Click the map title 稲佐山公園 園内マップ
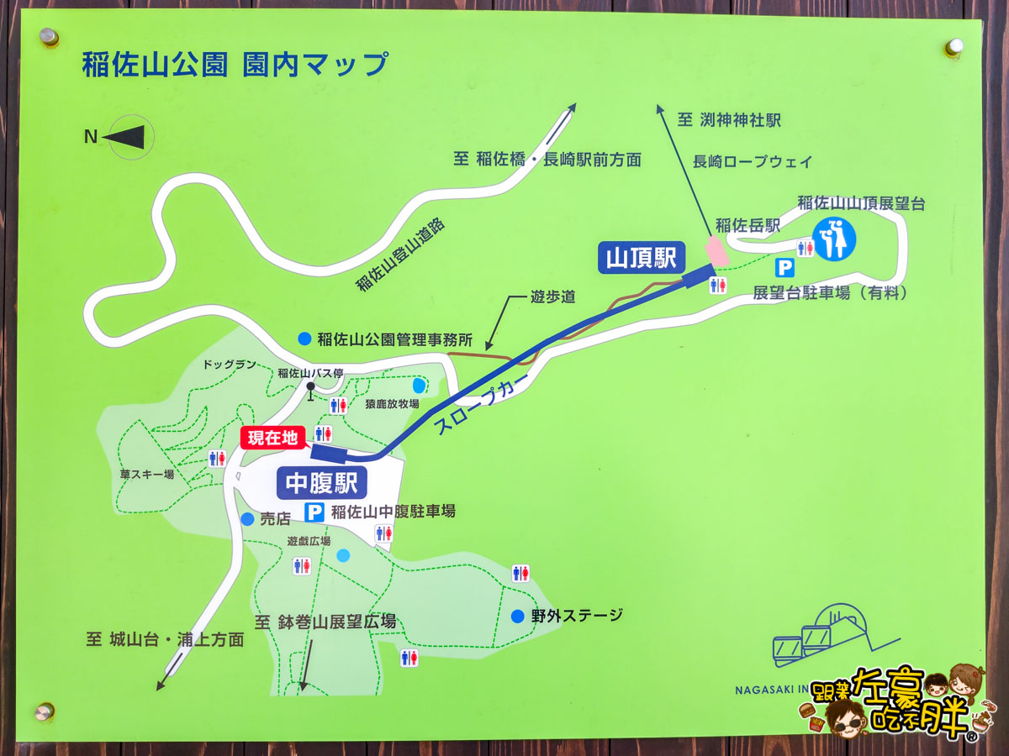click(235, 65)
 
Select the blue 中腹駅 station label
click(321, 484)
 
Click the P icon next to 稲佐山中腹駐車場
click(314, 512)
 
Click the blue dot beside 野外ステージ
click(518, 617)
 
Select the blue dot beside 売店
click(247, 520)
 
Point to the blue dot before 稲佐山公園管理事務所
click(304, 339)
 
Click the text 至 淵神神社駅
click(729, 120)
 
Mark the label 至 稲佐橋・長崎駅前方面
click(547, 160)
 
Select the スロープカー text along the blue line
click(483, 404)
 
